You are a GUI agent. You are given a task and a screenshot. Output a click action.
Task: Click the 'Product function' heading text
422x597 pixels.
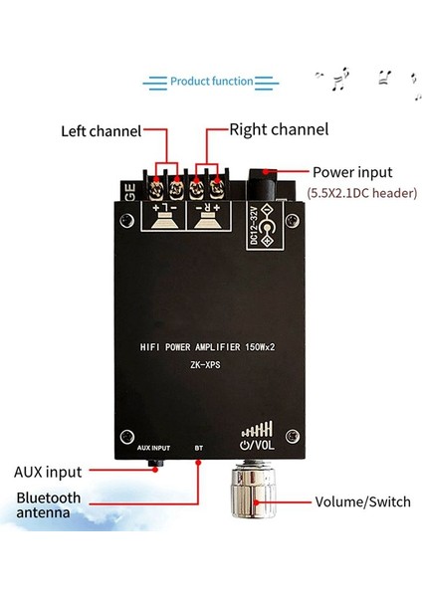coord(210,81)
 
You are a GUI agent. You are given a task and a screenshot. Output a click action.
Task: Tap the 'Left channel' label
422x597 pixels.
coord(101,130)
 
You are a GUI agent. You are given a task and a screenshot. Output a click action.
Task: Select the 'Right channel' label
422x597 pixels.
coord(279,129)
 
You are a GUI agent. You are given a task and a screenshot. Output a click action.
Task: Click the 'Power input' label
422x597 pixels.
coord(352,171)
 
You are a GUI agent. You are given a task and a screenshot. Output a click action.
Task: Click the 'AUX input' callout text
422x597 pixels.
coord(49,472)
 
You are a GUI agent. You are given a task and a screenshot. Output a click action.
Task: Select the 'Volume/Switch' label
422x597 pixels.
coord(362,502)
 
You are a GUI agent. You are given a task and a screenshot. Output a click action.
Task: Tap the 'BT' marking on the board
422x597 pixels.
coord(199,450)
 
